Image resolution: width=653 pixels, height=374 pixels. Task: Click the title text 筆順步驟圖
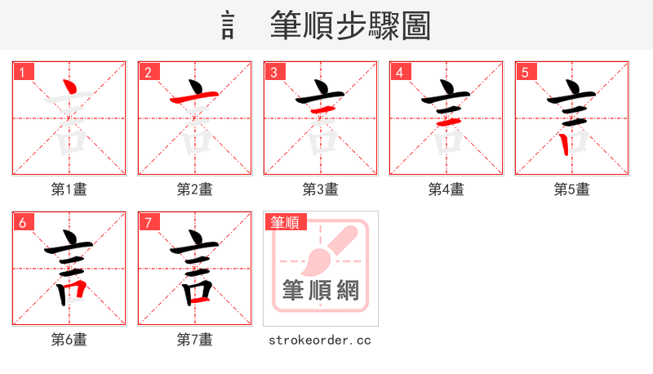[x=350, y=26]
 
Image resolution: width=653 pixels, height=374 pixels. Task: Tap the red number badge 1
[x=22, y=72]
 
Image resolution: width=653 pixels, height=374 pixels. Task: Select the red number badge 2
[x=148, y=72]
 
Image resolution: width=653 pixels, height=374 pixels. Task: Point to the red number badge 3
[x=273, y=72]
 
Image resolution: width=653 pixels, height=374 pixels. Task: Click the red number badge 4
[x=399, y=72]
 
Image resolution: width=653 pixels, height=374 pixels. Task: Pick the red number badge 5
[x=525, y=72]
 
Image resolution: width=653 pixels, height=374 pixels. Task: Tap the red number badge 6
[x=22, y=222]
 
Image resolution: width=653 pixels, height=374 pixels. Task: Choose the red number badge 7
[x=148, y=222]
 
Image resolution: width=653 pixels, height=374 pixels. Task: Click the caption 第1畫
[x=69, y=189]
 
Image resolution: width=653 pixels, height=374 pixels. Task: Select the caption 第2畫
[x=195, y=189]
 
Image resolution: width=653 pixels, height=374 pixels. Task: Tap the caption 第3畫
[x=321, y=189]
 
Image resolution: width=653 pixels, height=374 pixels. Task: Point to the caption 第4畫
[x=446, y=189]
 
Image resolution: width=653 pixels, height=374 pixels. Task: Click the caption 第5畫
[x=572, y=189]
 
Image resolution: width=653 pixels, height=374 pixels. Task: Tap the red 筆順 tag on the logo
[x=284, y=222]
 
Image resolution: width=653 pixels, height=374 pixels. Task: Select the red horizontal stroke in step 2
[x=194, y=99]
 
